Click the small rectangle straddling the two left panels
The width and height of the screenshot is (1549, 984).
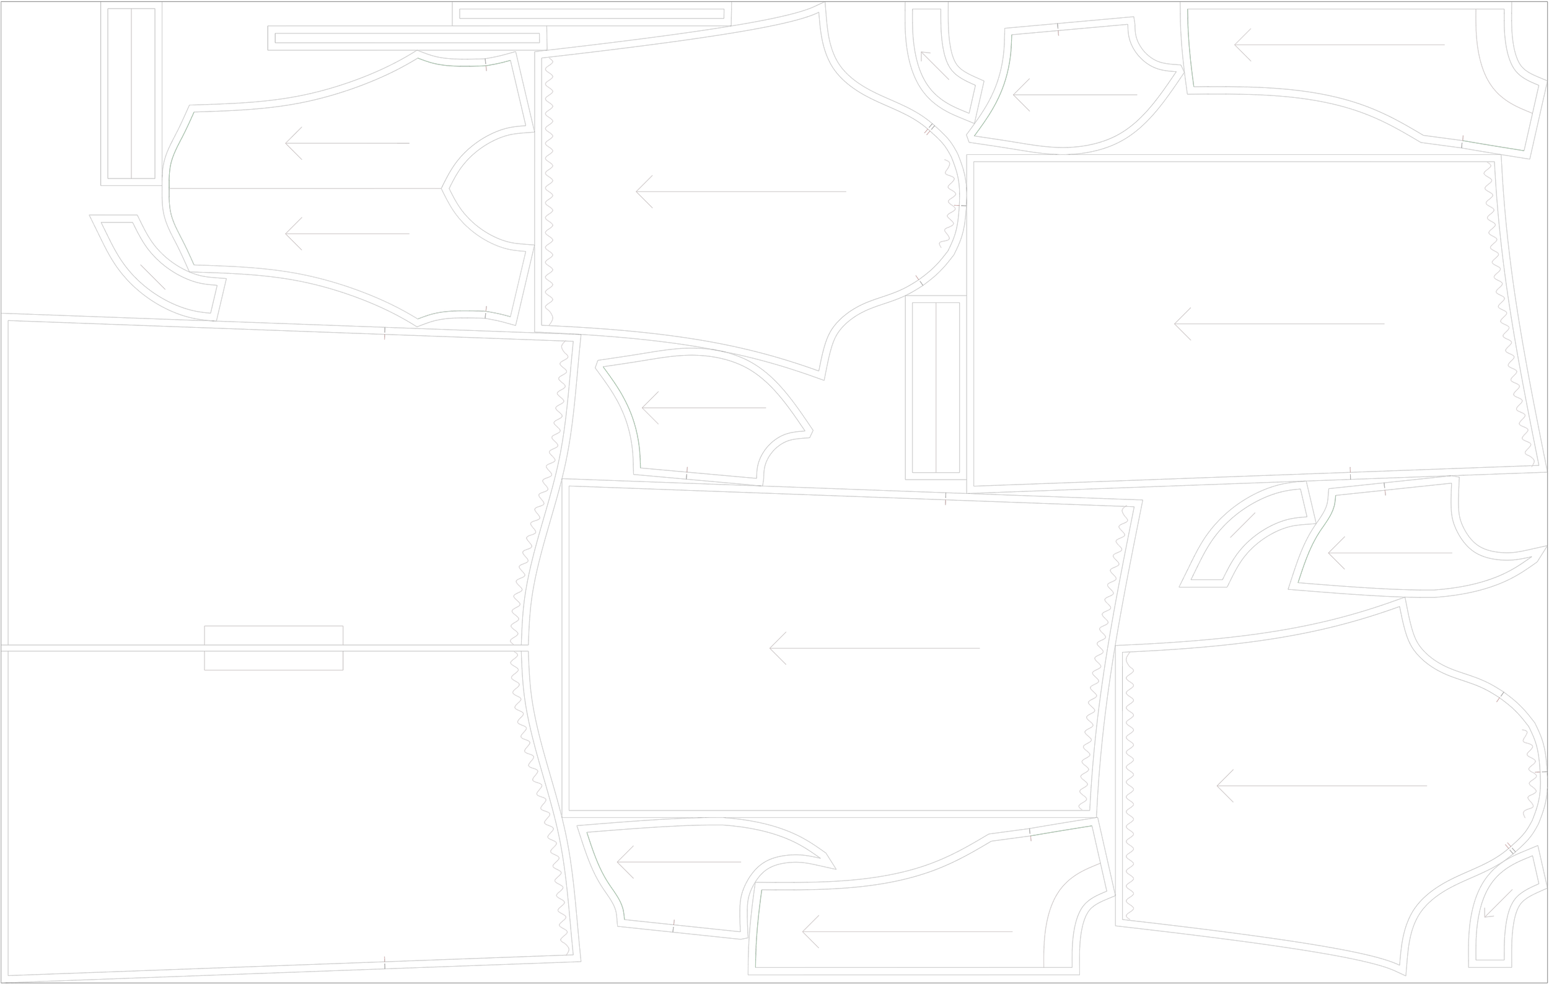[x=273, y=648]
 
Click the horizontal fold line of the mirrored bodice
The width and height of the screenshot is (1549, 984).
[x=302, y=188]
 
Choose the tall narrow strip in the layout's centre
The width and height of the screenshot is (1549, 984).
[x=936, y=388]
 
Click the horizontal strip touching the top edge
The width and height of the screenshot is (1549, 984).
[x=591, y=14]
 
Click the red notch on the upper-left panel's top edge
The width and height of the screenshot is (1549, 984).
[x=385, y=333]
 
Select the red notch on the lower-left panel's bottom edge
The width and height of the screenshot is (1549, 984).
[x=385, y=962]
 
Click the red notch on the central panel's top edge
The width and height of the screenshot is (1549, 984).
[x=945, y=499]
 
